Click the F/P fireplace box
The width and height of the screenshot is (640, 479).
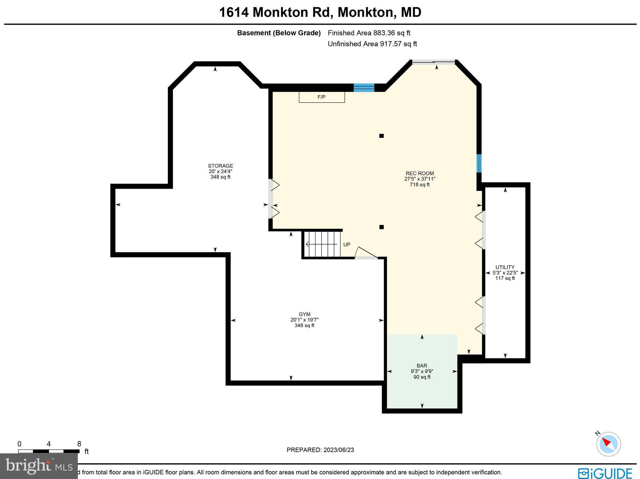pyautogui.click(x=322, y=97)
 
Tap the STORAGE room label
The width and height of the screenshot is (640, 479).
pyautogui.click(x=220, y=166)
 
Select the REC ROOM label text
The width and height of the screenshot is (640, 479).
pyautogui.click(x=419, y=173)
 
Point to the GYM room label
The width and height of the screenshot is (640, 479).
pyautogui.click(x=304, y=314)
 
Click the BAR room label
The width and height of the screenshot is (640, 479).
pyautogui.click(x=422, y=366)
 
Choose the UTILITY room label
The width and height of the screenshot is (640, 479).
pyautogui.click(x=505, y=267)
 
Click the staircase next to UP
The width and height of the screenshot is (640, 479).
pyautogui.click(x=322, y=244)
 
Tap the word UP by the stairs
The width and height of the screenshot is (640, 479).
pyautogui.click(x=347, y=245)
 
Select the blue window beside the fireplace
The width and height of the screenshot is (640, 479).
pyautogui.click(x=364, y=88)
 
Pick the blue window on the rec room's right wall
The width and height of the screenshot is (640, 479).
pyautogui.click(x=479, y=163)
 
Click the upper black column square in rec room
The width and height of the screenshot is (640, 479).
pyautogui.click(x=381, y=136)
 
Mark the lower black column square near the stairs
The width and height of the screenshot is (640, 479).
pyautogui.click(x=381, y=227)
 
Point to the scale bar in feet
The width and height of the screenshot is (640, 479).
pyautogui.click(x=49, y=451)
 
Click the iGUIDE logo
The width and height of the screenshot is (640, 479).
pyautogui.click(x=605, y=473)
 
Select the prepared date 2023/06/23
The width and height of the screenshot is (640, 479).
pyautogui.click(x=320, y=450)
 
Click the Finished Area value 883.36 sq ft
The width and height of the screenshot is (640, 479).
pyautogui.click(x=392, y=33)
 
